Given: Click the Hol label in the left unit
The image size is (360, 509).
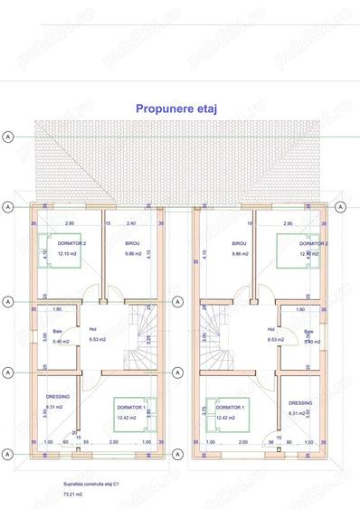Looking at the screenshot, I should coord(92,330).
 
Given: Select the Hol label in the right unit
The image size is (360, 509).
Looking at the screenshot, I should coord(270,330).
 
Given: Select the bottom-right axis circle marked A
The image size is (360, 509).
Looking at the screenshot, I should coord(341,453).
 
